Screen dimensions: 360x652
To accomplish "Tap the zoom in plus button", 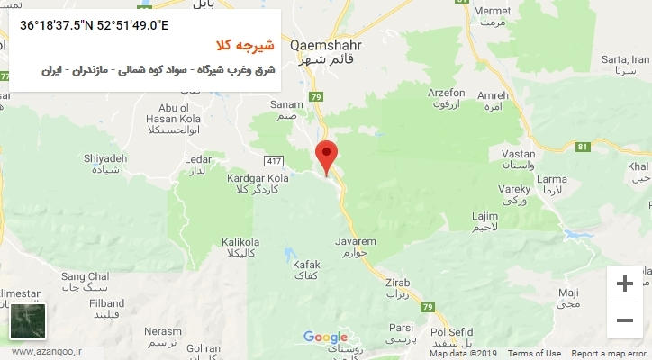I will click(624, 284).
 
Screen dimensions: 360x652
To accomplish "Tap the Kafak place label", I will click(306, 264).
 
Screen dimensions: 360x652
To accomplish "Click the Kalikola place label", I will click(240, 242).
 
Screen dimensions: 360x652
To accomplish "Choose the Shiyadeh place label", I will click(107, 158).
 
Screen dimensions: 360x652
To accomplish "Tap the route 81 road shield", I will click(583, 147).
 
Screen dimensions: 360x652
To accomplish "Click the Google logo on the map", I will click(325, 337).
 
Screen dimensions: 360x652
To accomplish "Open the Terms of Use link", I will click(534, 354).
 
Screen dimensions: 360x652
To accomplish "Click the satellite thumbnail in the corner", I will click(28, 320).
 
